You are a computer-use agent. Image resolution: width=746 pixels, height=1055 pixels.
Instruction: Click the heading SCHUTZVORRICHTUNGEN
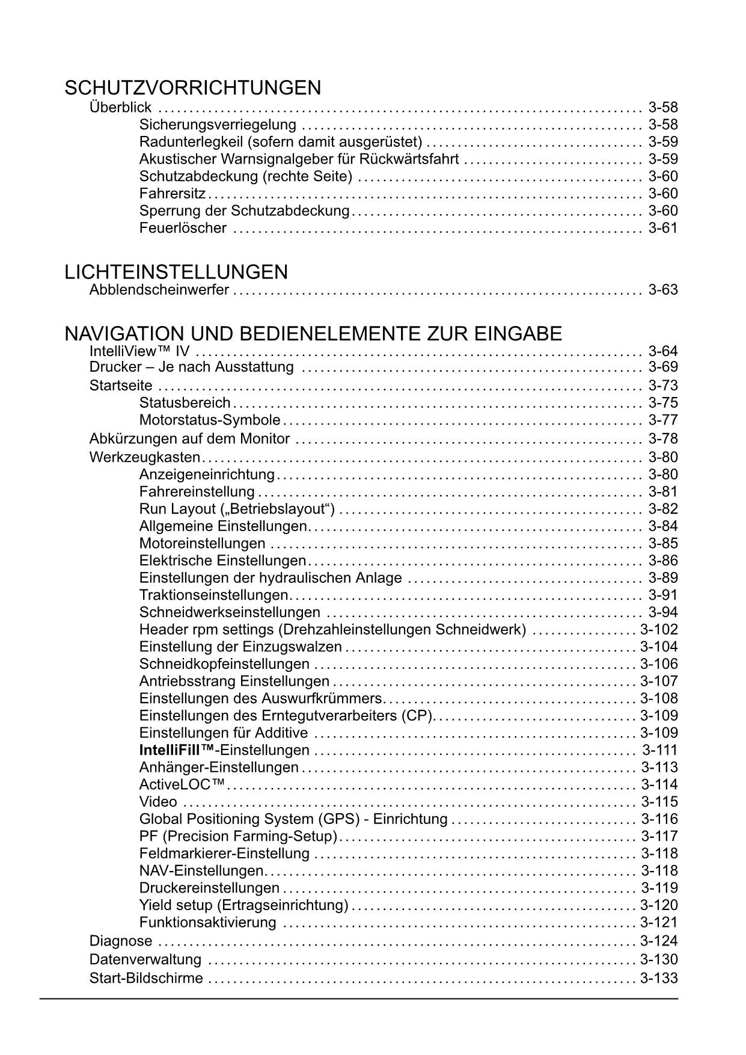click(192, 88)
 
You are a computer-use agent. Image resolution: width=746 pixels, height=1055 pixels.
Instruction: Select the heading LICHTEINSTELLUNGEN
click(176, 272)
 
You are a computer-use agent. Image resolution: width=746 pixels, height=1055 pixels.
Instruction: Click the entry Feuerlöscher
click(183, 228)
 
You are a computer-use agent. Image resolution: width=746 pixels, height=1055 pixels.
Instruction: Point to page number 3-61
click(663, 228)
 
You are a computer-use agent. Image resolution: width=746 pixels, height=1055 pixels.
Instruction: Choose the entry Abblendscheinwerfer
click(159, 290)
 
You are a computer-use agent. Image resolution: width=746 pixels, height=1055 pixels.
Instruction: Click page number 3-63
click(663, 290)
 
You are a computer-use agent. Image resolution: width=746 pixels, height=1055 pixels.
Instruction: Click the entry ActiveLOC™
click(182, 784)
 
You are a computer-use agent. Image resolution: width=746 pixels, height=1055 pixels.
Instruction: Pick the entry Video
click(158, 802)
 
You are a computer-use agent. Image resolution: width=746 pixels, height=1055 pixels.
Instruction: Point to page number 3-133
click(659, 978)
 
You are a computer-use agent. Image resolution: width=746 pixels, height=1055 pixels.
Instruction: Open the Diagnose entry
click(121, 941)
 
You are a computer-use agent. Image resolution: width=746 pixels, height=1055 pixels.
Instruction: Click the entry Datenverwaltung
click(145, 959)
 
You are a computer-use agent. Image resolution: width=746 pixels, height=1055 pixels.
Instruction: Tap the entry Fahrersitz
click(173, 194)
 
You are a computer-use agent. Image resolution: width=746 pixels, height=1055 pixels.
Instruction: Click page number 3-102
click(659, 630)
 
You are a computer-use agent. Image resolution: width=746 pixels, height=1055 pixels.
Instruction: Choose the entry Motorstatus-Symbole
click(210, 420)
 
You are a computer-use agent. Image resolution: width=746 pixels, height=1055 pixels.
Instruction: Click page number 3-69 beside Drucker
click(663, 368)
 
